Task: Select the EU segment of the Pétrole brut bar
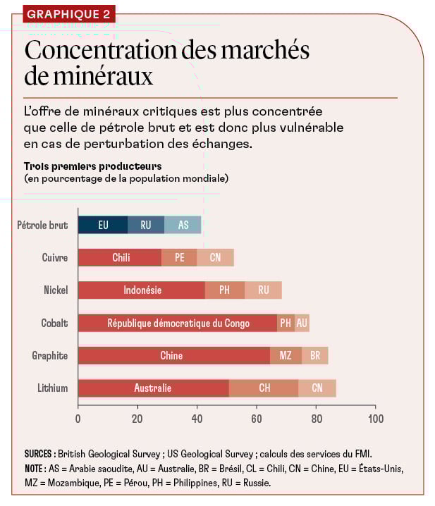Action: pos(103,225)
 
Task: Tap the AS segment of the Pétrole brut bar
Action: pos(183,225)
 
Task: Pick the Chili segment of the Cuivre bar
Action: pos(121,257)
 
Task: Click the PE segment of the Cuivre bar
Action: pos(179,257)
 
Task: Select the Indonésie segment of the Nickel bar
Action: pos(142,290)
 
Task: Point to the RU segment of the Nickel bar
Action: pos(263,290)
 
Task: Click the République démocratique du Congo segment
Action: pos(178,323)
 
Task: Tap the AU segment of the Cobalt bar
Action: pos(302,323)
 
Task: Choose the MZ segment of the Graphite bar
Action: pos(286,355)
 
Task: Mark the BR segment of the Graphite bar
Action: pos(315,355)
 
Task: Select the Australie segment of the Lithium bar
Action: pos(153,388)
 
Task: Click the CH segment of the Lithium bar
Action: pos(264,388)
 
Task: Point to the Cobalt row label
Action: pos(54,323)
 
